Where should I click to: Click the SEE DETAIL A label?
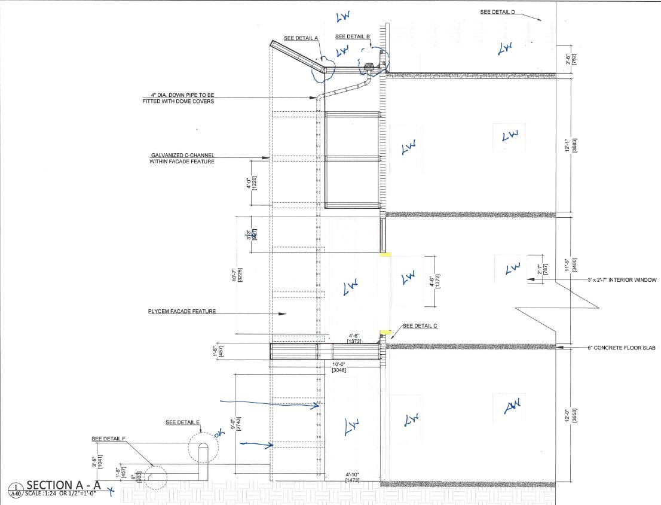tap(301, 38)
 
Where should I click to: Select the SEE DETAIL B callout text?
tap(352, 37)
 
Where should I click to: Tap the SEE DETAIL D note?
tap(501, 12)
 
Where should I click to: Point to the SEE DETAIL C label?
tap(420, 326)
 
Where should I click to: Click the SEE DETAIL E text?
tap(182, 422)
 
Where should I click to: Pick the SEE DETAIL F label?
tap(108, 439)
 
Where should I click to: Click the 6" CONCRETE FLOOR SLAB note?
tap(622, 348)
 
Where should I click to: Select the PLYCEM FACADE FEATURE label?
tap(182, 312)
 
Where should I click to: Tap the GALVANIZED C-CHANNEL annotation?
tap(182, 158)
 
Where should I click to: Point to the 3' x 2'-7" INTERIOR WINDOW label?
tap(621, 280)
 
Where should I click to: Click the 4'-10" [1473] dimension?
tap(353, 477)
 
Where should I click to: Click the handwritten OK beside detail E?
tap(218, 436)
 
